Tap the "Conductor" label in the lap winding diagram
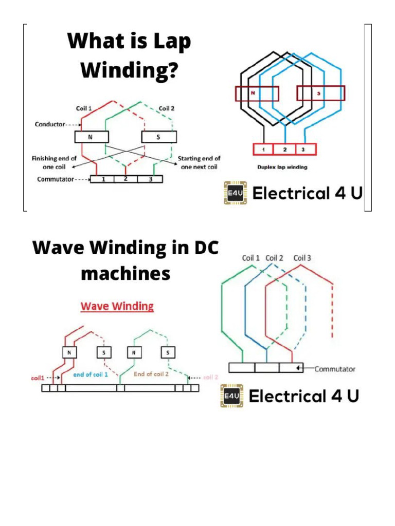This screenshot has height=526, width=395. point(50,124)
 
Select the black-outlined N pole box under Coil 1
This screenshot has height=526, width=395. point(92,137)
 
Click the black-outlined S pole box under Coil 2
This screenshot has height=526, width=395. point(159,137)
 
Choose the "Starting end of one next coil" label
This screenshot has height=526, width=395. point(199,162)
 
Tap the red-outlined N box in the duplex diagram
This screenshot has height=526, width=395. point(257,93)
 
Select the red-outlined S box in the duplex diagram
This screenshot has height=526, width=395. point(320,93)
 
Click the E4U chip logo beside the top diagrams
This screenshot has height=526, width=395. point(235,193)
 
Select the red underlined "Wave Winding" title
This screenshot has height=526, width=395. point(117,307)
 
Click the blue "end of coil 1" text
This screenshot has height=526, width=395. point(91,374)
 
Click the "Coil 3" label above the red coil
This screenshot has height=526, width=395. point(302,258)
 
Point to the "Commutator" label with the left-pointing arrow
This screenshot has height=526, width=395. point(335,369)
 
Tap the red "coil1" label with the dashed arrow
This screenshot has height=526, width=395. point(38,378)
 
